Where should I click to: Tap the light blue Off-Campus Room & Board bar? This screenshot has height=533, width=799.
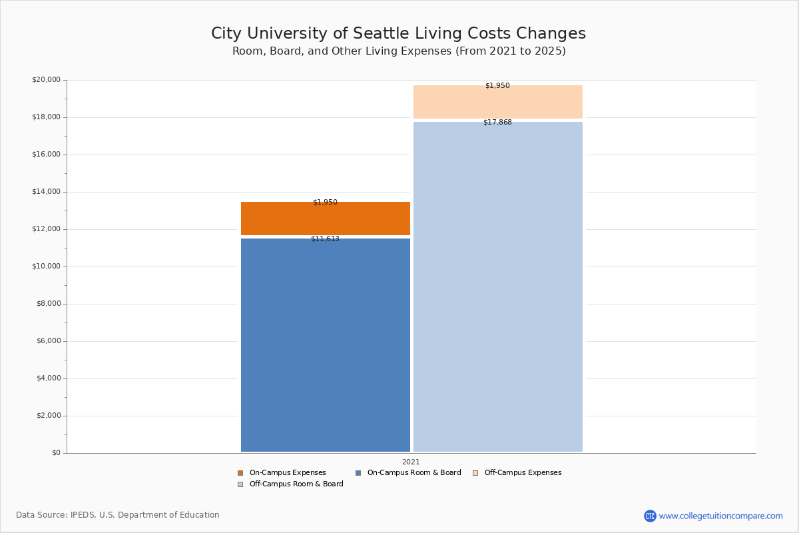coord(497,286)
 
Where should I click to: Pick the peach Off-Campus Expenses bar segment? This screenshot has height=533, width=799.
coord(497,103)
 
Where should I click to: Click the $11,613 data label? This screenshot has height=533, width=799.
coord(325,239)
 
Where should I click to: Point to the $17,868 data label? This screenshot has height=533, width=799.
coord(497,123)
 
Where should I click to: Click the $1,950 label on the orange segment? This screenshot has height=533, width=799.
coord(325,203)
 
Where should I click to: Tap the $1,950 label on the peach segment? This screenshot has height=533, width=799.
coord(497,86)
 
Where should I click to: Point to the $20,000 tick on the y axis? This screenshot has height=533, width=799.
coord(46,80)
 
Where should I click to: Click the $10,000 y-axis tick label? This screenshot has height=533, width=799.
coord(46,266)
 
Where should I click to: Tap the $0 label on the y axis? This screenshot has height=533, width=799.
coord(56,453)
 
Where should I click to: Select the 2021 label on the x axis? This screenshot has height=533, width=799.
coord(411,462)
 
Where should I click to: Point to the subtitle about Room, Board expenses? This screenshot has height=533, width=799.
coord(399,51)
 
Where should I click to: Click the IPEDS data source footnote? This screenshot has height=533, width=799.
coord(118,515)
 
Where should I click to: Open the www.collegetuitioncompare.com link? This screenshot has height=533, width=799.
coord(720,516)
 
